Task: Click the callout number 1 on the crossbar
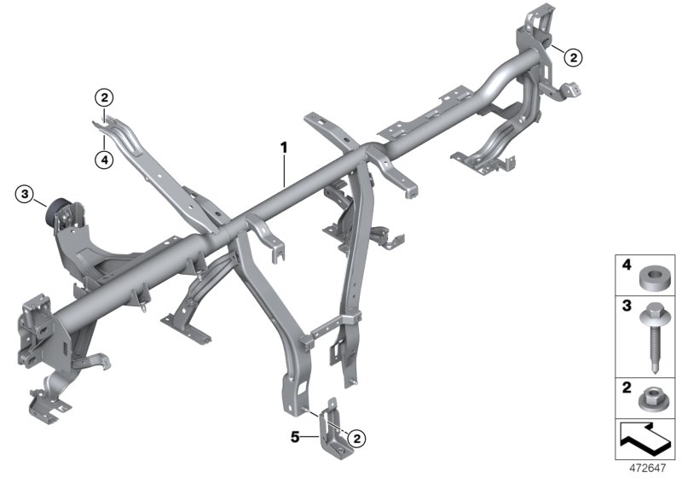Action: click(x=284, y=147)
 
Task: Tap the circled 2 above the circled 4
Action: click(x=104, y=99)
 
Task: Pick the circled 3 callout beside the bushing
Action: click(x=26, y=196)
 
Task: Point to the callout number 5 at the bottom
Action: click(x=296, y=437)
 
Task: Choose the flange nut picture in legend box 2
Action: click(x=653, y=397)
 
